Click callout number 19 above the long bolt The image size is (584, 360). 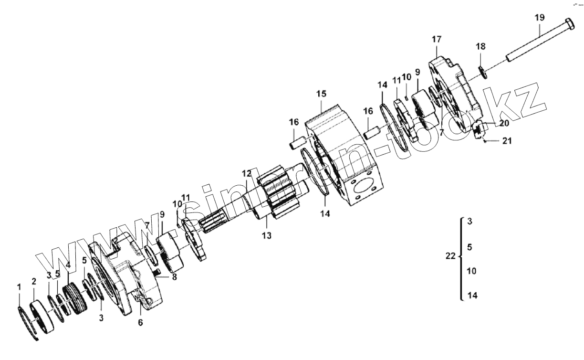pos(539,18)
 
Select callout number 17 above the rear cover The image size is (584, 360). pos(437,39)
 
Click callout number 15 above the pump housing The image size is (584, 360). pos(321,93)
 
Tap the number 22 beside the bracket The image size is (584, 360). pos(450,256)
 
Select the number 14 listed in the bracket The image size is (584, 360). pos(472,296)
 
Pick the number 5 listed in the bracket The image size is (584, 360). pos(470,247)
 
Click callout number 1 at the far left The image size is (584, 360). pos(19,287)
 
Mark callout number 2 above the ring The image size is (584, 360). pos(34,281)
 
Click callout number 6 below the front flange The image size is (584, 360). pos(140,322)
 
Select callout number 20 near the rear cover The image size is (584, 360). pos(504,123)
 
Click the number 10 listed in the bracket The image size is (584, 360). pos(471,271)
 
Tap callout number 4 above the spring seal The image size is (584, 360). pos(68,265)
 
